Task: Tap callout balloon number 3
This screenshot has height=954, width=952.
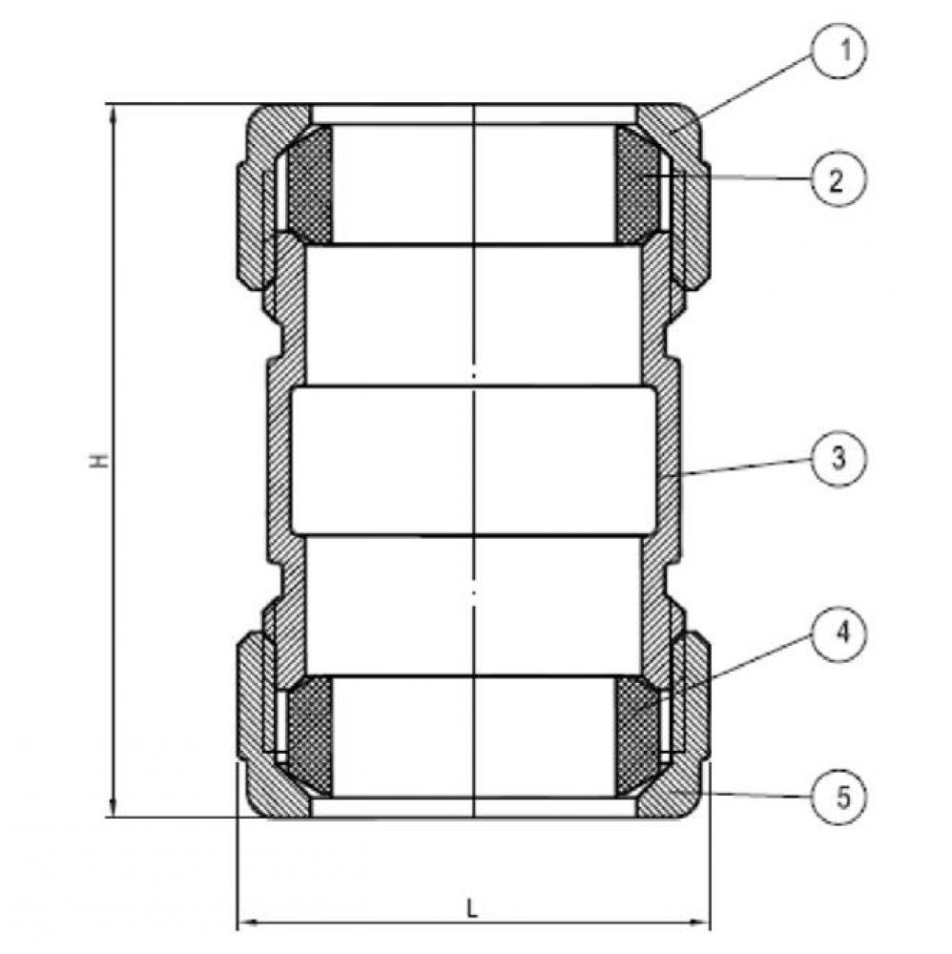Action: (837, 459)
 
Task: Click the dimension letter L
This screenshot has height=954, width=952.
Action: (473, 907)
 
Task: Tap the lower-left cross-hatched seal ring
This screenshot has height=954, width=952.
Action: (310, 735)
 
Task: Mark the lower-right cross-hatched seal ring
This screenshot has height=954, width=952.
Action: (636, 735)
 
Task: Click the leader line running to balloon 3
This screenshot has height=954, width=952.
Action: (744, 467)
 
